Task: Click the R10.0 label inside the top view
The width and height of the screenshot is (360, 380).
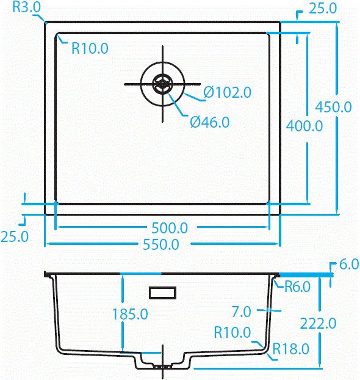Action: coord(90,48)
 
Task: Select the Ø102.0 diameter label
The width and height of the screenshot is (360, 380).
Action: coord(228,93)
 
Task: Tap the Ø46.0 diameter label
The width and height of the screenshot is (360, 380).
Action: coord(209,122)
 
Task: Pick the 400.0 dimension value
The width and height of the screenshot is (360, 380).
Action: coord(304,126)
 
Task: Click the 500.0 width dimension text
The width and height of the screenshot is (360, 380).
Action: coord(170,228)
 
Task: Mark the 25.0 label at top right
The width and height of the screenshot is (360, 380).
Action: coord(323,9)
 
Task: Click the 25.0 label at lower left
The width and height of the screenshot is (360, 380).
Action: coord(14,236)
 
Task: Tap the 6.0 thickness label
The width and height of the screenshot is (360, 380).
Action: coord(348,265)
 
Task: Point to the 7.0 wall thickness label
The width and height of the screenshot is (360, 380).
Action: coord(242,312)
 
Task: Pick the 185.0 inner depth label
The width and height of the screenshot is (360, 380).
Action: coord(130,314)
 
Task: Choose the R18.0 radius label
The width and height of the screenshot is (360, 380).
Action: coord(291,349)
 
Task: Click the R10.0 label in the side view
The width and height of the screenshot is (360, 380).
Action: coord(232,333)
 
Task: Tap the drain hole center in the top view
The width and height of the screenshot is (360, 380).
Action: coord(162,83)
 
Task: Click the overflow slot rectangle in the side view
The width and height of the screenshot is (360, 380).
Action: coord(163,293)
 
